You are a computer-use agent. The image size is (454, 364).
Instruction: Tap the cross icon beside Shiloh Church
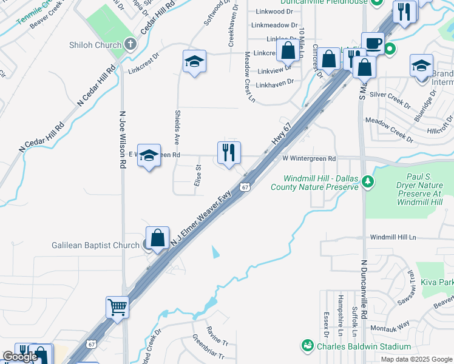[130, 44]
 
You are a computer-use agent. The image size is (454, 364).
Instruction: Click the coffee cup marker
[373, 43]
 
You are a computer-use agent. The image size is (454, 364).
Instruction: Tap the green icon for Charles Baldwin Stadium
[308, 346]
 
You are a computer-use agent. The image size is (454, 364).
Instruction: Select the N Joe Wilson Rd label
[122, 140]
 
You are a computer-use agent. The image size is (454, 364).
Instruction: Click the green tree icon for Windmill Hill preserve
[367, 181]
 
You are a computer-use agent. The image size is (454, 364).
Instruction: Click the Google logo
[20, 357]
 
